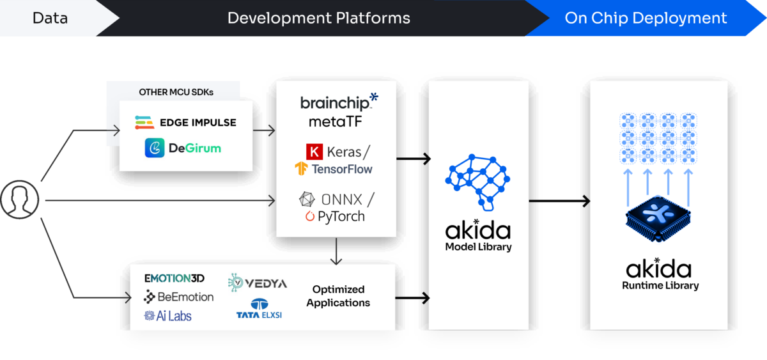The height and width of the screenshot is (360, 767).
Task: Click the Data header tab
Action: coord(50,18)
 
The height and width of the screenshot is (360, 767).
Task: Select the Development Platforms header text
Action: coord(319,18)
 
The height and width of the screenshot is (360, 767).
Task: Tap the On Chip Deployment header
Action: coord(646,18)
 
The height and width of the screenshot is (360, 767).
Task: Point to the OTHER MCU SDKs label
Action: coord(176,92)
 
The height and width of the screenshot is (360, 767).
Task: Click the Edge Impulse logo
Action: coord(185,122)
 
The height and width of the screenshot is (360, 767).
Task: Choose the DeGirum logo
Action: coord(182,148)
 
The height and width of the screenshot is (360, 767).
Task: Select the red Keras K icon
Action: coord(314,153)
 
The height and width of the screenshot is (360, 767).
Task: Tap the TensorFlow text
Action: coord(341,169)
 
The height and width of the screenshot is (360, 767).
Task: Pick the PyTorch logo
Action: coord(335,217)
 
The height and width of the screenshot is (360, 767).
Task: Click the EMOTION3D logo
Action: coord(174,279)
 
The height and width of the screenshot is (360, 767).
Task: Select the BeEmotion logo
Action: coord(178,297)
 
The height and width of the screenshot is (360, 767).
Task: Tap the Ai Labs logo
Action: coord(168,316)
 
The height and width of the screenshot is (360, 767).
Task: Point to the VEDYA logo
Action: coord(258,283)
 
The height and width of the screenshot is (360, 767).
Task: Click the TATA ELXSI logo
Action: coord(260,309)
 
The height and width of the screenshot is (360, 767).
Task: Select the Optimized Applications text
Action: coord(337,296)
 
